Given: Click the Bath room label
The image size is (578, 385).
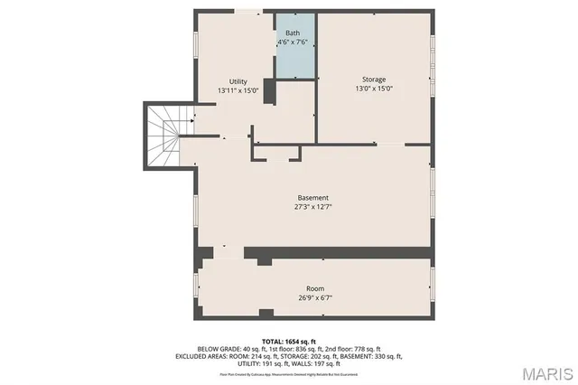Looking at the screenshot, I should pos(294,33).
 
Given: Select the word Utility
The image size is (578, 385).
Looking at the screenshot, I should pos(238,81).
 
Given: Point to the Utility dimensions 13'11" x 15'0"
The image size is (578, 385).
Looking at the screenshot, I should pos(238,90).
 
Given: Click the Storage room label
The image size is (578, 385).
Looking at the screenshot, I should pos(374,80).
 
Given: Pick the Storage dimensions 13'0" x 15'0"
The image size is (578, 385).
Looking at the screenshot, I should pos(374,89).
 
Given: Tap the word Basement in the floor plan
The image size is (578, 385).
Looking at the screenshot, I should pos(313,197).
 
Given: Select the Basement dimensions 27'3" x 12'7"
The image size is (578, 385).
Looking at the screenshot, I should pos(313,206).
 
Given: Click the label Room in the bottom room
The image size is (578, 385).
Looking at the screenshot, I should pos(314,288).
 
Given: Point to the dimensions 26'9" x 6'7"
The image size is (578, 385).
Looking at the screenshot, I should pos(314,297).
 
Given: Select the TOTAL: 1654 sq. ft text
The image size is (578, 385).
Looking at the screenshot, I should pos(289,340).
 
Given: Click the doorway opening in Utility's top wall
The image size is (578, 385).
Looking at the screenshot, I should pos(247,12).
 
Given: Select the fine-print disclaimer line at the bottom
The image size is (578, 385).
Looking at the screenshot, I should pos(289,371).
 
